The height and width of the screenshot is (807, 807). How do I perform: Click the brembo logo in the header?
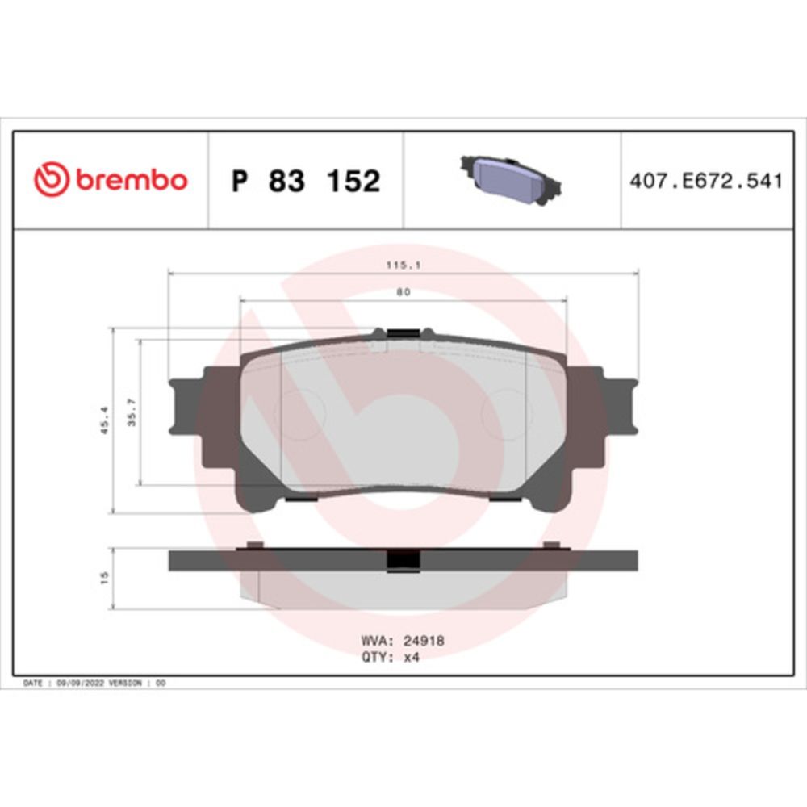coord(110,180)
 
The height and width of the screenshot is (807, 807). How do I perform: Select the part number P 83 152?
coord(306,181)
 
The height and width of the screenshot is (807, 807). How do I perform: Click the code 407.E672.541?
coord(706,181)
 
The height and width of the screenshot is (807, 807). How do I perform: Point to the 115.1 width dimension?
coord(403,266)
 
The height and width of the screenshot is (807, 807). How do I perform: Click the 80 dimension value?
coord(403,292)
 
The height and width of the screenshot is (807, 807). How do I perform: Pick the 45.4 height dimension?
coord(104,420)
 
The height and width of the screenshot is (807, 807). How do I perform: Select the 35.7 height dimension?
coord(132,412)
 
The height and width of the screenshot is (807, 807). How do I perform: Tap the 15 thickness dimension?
coord(104,578)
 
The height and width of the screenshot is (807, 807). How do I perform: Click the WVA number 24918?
coord(424,641)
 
